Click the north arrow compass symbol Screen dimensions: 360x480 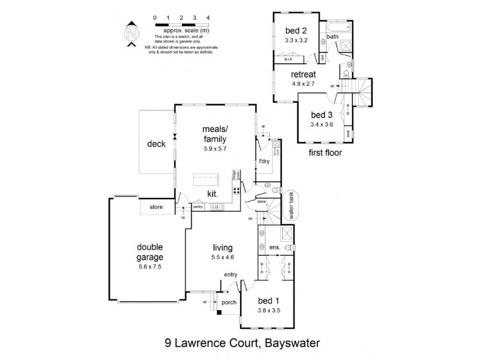pos(132,32)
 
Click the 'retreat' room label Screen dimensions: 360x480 pos(303,74)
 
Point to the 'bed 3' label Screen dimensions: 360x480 pos(322,115)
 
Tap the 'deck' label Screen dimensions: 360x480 pos(156,144)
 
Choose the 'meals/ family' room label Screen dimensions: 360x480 pos(214,135)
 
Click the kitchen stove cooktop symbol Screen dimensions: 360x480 pos(236,193)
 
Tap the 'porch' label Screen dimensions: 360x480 pos(229,302)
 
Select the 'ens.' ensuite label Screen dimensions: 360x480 pos(274,247)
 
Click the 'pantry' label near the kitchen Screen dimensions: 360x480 pos(197,206)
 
